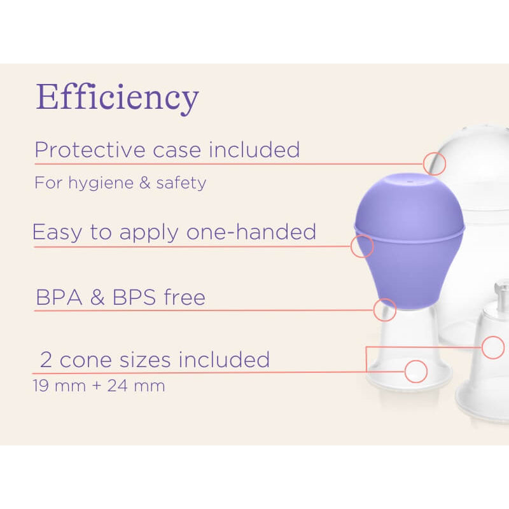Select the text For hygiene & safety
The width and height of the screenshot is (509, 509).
pyautogui.click(x=120, y=183)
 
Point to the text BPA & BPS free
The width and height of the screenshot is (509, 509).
pyautogui.click(x=120, y=297)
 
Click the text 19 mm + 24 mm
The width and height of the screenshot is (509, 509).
pyautogui.click(x=99, y=386)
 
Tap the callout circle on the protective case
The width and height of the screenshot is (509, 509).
pyautogui.click(x=435, y=164)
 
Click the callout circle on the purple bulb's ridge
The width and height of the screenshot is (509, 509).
pyautogui.click(x=362, y=246)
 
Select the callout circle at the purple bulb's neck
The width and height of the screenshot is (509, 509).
pyautogui.click(x=385, y=310)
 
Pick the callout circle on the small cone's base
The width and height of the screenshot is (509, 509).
pyautogui.click(x=415, y=371)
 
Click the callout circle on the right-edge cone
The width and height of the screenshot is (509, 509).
pyautogui.click(x=493, y=347)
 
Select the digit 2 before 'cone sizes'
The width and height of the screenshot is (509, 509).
pyautogui.click(x=46, y=360)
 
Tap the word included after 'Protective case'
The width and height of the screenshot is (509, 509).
pyautogui.click(x=254, y=150)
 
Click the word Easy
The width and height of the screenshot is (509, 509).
pyautogui.click(x=57, y=232)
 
